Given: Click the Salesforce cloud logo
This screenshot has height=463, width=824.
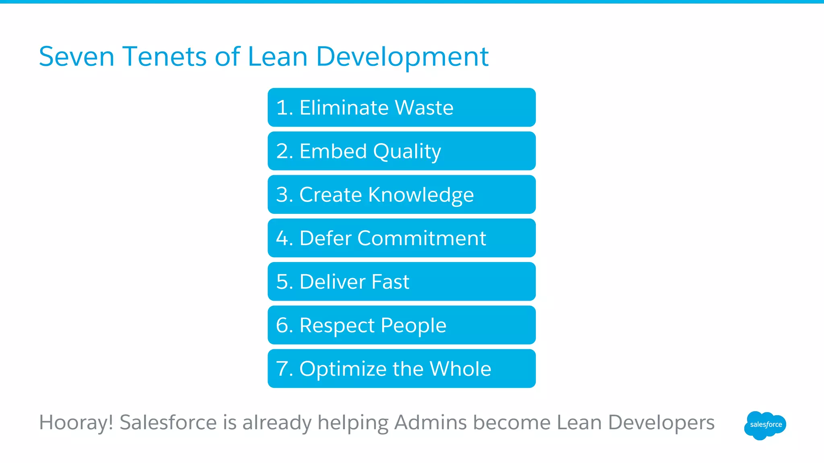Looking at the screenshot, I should coord(765,425).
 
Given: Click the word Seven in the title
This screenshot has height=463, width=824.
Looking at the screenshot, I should coord(76,57).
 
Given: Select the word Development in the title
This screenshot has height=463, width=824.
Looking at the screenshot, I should coord(402,57).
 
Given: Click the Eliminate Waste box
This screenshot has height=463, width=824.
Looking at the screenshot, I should coord(401,108).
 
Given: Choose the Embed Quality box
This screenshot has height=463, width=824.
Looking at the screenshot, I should coord(401,151).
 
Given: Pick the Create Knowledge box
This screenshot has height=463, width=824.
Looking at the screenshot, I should coord(401,195).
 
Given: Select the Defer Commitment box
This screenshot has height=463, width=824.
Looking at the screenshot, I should coord(401,238).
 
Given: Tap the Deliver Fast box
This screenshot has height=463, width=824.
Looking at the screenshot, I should coord(401,281).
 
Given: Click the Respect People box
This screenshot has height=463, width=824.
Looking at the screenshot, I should coord(401,325).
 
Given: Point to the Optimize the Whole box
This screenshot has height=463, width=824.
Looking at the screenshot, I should coord(401,369).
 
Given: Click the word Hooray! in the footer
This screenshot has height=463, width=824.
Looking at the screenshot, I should coord(76,423).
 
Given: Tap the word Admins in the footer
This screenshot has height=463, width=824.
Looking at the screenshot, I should coord(430,423).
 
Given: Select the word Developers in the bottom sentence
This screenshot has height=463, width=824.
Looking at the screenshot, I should coord(661,423).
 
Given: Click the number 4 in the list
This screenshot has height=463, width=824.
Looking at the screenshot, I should coord(282,238).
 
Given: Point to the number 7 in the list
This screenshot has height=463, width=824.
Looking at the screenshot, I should coord(282,369).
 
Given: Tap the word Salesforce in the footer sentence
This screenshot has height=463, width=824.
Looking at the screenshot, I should coord(168,423).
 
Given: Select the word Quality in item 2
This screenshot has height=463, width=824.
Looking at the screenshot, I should coord(407,152).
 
